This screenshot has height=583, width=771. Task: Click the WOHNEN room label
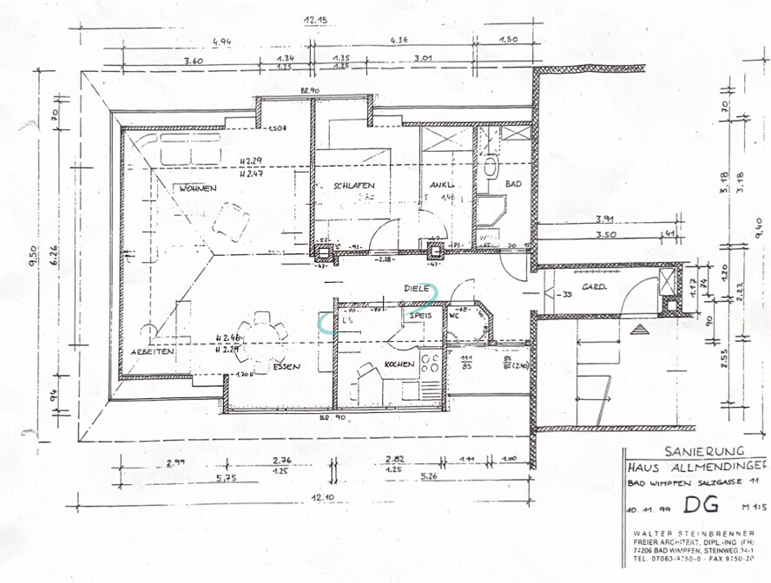(198, 187)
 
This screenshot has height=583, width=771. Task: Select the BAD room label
(512, 184)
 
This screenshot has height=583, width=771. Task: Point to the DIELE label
(417, 288)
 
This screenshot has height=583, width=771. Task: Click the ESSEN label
(286, 367)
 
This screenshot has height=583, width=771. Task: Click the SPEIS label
(422, 317)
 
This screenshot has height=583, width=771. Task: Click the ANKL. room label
(443, 185)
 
